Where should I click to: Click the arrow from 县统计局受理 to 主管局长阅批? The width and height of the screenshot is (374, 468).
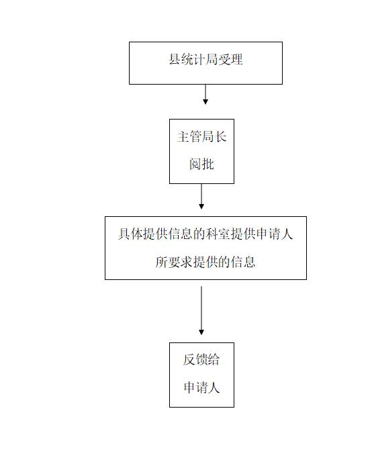click(205, 94)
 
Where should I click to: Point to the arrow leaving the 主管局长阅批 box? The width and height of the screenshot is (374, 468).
click(201, 196)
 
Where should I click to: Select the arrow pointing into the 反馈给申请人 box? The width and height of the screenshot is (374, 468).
click(201, 311)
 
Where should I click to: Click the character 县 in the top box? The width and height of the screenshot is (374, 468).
click(175, 59)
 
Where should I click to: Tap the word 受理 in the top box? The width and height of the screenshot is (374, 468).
click(230, 59)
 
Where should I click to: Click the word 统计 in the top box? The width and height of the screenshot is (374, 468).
click(193, 59)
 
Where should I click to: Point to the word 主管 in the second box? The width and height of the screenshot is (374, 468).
click(189, 136)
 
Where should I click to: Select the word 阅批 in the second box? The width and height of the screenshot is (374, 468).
click(201, 164)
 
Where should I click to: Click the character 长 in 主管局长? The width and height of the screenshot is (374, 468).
click(221, 136)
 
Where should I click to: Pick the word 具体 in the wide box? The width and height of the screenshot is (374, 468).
click(130, 234)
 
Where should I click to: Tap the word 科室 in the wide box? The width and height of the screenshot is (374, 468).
click(218, 234)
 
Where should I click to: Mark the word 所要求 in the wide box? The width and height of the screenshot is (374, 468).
click(174, 262)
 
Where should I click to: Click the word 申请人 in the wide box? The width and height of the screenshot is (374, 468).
click(275, 234)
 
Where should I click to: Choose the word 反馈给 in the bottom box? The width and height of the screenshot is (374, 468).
click(201, 359)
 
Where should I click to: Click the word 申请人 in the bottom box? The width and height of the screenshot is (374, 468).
click(202, 387)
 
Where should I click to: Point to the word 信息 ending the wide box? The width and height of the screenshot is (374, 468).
click(243, 262)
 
